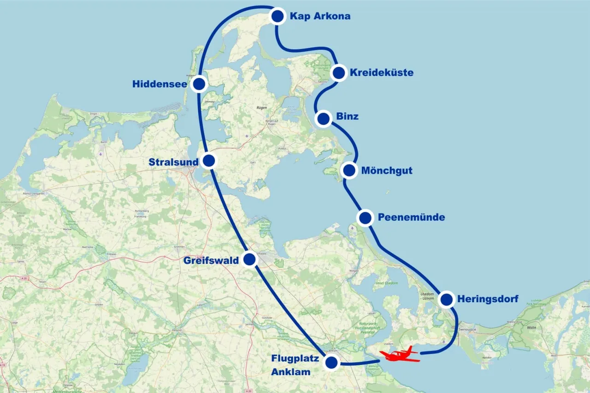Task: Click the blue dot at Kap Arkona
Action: (x=277, y=17)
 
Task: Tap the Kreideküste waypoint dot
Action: (x=339, y=73)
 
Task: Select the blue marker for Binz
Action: (x=323, y=118)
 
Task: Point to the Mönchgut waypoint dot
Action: (x=349, y=170)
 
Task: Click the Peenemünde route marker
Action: (x=365, y=217)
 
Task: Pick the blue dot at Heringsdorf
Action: (x=446, y=299)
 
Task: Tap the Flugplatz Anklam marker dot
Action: (x=331, y=363)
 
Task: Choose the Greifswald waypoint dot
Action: (x=249, y=260)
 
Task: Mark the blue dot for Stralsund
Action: (x=209, y=161)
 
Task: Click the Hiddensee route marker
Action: (x=199, y=84)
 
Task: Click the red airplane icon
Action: (x=399, y=355)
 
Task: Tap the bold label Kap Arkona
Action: (x=320, y=17)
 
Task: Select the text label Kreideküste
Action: (x=381, y=73)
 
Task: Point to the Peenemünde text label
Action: (x=411, y=217)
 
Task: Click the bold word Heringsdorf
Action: (x=488, y=299)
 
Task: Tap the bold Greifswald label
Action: (x=211, y=261)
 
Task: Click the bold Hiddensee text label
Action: (x=159, y=84)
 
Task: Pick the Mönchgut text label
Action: (x=387, y=171)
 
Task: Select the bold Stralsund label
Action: (x=173, y=162)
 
